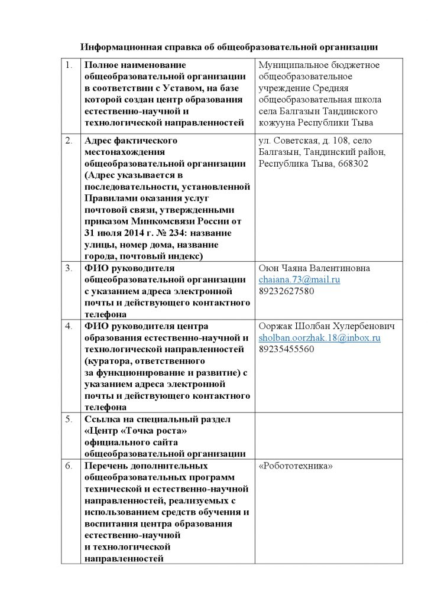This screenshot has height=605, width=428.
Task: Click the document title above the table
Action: click(x=229, y=47)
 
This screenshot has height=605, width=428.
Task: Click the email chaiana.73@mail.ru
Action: click(x=299, y=279)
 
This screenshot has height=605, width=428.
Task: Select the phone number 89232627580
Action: click(x=286, y=291)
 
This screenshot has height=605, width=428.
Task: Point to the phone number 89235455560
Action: click(x=286, y=349)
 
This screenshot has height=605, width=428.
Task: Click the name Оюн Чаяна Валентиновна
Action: click(x=314, y=268)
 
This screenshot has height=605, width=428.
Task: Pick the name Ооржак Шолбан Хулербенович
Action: click(x=327, y=326)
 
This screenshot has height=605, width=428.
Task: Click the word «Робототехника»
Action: click(x=296, y=466)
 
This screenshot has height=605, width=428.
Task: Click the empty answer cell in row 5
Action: click(x=328, y=436)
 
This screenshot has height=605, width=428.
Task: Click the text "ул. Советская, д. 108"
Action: click(x=302, y=141)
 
